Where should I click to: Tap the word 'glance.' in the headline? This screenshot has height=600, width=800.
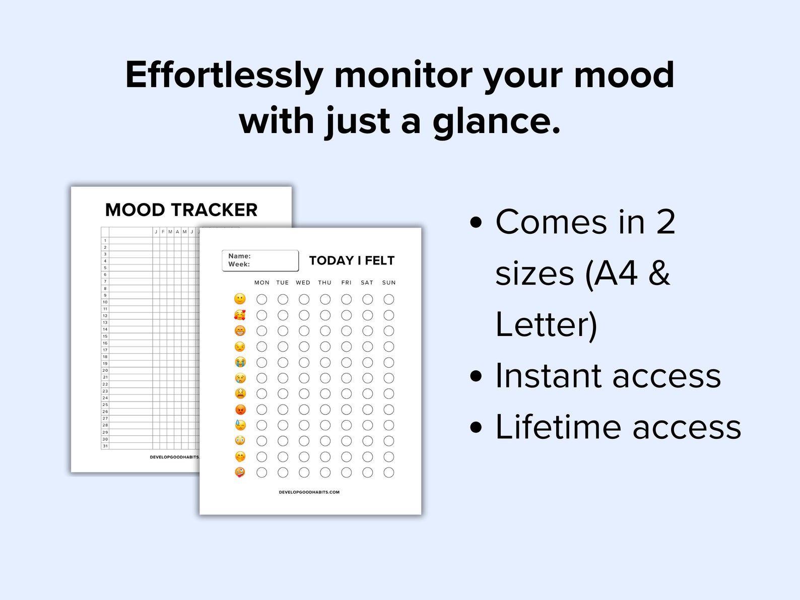click(x=496, y=122)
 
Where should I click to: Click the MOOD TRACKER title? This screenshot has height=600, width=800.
click(x=181, y=210)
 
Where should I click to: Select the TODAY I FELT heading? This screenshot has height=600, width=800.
click(x=352, y=260)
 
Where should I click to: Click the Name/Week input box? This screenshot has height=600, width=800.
click(x=260, y=260)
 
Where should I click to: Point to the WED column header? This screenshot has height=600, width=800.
click(x=303, y=283)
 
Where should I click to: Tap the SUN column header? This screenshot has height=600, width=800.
click(x=388, y=283)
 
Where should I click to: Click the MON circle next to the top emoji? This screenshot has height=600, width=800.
click(x=261, y=299)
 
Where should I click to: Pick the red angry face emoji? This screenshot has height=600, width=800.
click(x=240, y=410)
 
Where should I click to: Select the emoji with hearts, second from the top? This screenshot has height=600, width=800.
click(x=240, y=315)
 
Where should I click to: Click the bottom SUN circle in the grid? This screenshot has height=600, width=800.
click(x=388, y=473)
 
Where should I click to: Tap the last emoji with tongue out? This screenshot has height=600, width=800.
click(x=240, y=473)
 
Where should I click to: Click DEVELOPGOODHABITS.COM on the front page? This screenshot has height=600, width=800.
click(x=309, y=492)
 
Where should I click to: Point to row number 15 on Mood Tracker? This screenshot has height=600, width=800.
click(x=105, y=336)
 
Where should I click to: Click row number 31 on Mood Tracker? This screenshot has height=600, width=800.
click(x=105, y=446)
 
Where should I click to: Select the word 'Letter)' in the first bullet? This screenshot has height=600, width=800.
click(x=546, y=325)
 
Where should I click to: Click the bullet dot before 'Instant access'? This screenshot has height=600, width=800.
click(x=476, y=376)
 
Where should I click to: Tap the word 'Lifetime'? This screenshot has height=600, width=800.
click(x=558, y=427)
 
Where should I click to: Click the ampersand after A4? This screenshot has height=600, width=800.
click(x=659, y=274)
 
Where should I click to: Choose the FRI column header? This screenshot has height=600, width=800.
click(x=346, y=283)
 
